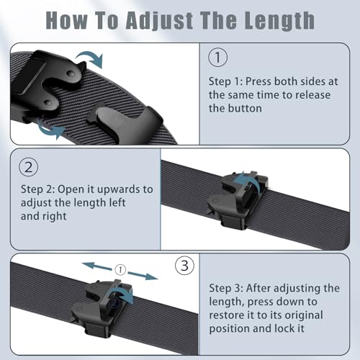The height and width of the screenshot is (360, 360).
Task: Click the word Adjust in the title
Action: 159,21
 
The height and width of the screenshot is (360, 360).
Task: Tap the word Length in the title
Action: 279,21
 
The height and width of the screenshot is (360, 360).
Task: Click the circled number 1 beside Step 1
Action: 217,58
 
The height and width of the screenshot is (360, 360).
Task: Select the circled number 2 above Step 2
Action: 29,167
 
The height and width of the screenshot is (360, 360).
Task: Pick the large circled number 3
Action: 184,266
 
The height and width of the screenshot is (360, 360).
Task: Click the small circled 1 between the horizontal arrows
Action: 120,269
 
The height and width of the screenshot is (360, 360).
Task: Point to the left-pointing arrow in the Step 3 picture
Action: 97,266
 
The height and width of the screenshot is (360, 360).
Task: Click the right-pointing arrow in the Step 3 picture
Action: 143,276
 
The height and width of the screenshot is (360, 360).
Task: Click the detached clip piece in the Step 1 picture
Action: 125,122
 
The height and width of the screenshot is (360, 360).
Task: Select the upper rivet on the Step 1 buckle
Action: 71,73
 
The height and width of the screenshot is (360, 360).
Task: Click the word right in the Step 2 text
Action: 55,217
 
